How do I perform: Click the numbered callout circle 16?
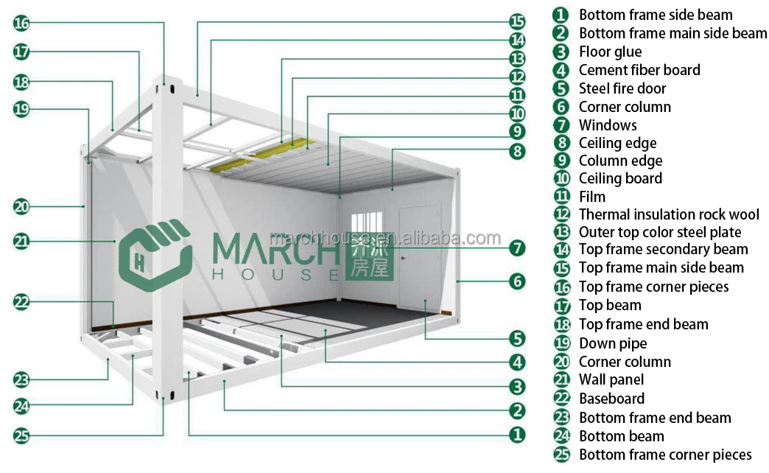pyautogui.click(x=21, y=23)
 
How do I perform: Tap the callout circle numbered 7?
pyautogui.click(x=517, y=248)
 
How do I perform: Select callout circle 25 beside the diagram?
pyautogui.click(x=21, y=435)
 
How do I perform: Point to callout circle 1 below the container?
pyautogui.click(x=517, y=435)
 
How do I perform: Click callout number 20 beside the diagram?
pyautogui.click(x=21, y=207)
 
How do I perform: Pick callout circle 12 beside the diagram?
pyautogui.click(x=517, y=77)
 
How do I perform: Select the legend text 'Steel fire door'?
pyautogui.click(x=622, y=88)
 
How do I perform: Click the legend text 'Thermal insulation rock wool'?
pyautogui.click(x=668, y=214)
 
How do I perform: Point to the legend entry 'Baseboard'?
pyautogui.click(x=611, y=399)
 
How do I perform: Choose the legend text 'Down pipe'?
pyautogui.click(x=612, y=343)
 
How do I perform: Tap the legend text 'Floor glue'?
pyautogui.click(x=609, y=52)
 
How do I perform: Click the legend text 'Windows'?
pyautogui.click(x=607, y=125)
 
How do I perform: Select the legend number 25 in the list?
pyautogui.click(x=562, y=455)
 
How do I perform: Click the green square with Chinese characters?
pyautogui.click(x=369, y=257)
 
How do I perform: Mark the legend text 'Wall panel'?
pyautogui.click(x=611, y=379)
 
